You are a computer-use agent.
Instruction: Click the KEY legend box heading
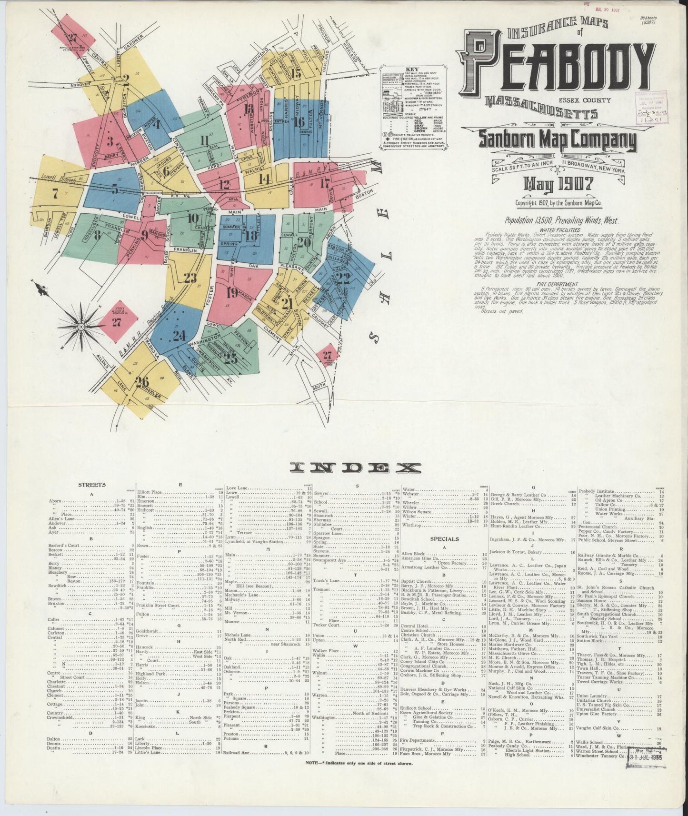point(414,69)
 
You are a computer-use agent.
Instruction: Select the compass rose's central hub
point(81,327)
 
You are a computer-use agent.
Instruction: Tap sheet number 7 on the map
point(55,194)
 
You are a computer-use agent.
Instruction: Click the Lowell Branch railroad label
point(56,176)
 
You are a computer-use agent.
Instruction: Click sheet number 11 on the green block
point(205,140)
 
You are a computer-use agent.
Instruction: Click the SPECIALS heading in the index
point(444,539)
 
